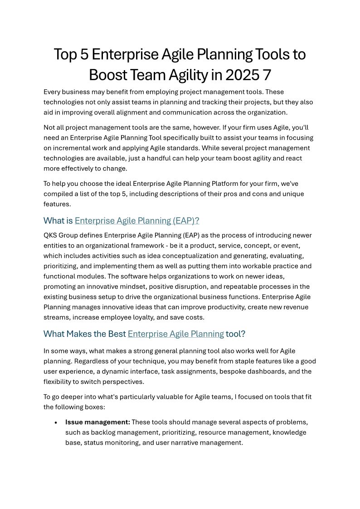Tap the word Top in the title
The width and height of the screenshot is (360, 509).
65,54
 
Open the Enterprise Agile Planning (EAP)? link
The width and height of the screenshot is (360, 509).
137,221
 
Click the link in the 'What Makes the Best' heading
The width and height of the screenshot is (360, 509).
176,334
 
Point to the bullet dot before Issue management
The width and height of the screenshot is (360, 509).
55,422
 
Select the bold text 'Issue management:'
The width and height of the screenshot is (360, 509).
97,422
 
